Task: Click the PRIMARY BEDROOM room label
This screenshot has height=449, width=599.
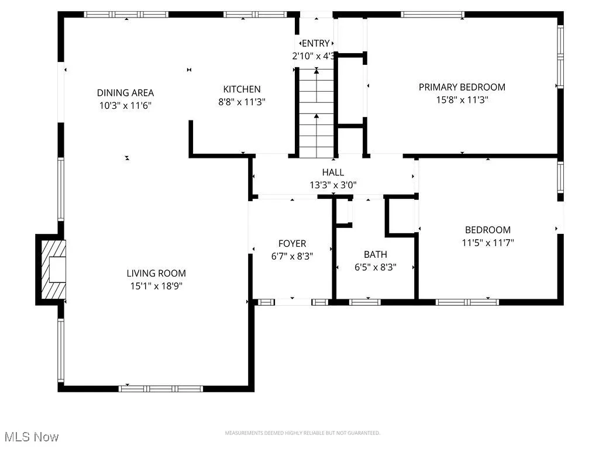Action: (462, 87)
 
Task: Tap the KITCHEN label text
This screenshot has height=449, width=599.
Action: (242, 89)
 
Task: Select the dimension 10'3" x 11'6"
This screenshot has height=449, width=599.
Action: (125, 106)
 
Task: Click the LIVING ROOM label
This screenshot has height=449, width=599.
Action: (156, 273)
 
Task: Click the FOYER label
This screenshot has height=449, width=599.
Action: (291, 243)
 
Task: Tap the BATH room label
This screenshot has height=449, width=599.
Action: (375, 254)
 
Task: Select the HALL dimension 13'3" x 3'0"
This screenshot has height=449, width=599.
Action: (333, 185)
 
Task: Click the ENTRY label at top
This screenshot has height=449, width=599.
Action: (316, 43)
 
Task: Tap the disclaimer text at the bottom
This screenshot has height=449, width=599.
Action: (302, 433)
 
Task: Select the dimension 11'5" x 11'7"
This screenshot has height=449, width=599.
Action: (487, 242)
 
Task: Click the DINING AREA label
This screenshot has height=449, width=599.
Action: (125, 92)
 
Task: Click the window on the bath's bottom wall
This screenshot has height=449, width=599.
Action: (364, 302)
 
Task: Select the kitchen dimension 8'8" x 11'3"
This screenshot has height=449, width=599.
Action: (242, 102)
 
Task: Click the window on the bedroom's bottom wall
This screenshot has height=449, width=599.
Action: (467, 302)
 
